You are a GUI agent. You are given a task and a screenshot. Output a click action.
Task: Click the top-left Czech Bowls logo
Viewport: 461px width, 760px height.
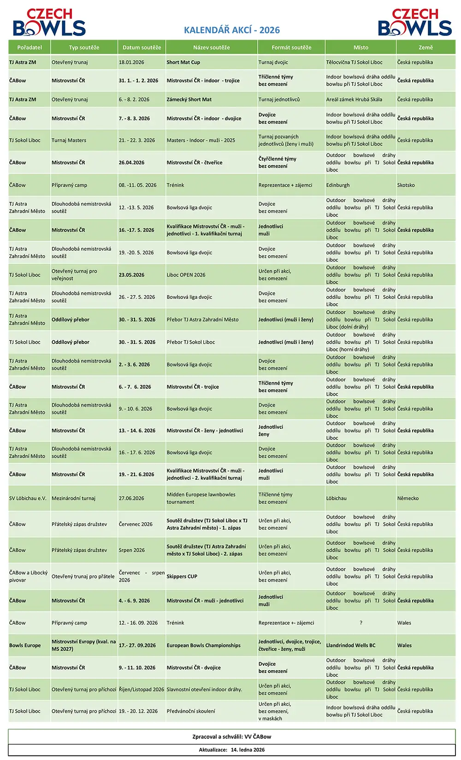[49, 23]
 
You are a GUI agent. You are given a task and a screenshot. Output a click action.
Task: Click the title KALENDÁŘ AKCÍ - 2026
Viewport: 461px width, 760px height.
[231, 30]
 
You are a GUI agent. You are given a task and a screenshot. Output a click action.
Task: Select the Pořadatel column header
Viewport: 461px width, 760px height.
[30, 47]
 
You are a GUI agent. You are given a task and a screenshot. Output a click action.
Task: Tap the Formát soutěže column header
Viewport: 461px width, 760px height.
[291, 47]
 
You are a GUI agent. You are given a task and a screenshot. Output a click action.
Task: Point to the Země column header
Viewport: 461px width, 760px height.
[426, 47]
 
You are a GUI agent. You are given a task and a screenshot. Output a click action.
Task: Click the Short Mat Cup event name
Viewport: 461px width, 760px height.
[183, 62]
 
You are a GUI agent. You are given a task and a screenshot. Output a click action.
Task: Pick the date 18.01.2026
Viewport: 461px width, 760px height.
[131, 62]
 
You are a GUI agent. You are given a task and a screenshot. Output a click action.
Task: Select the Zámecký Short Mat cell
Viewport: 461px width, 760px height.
[189, 99]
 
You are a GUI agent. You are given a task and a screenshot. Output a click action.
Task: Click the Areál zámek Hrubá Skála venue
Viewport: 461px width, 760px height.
[354, 99]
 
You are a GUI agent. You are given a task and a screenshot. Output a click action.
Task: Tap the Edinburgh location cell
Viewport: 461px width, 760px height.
[338, 185]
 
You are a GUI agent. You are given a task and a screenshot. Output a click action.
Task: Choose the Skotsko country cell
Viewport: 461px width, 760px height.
[406, 185]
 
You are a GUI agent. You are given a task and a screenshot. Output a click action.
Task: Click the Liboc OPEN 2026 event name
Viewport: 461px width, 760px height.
[186, 275]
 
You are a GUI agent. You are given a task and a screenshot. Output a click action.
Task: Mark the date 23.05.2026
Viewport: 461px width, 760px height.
[132, 275]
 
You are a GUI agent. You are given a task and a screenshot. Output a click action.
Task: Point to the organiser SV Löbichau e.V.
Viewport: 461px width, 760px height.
[28, 498]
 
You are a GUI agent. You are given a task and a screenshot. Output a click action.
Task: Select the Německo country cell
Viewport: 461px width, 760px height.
[408, 498]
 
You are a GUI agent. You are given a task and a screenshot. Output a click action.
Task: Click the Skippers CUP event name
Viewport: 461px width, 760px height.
[182, 577]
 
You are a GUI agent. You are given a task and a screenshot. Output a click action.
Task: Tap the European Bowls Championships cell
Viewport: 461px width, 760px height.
[204, 645]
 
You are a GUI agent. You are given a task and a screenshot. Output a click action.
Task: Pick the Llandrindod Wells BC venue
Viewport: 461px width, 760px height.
[351, 645]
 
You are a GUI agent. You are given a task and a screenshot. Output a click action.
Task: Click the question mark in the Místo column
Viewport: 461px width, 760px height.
[361, 623]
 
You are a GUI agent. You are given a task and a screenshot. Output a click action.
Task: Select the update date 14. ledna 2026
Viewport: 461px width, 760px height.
[248, 749]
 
